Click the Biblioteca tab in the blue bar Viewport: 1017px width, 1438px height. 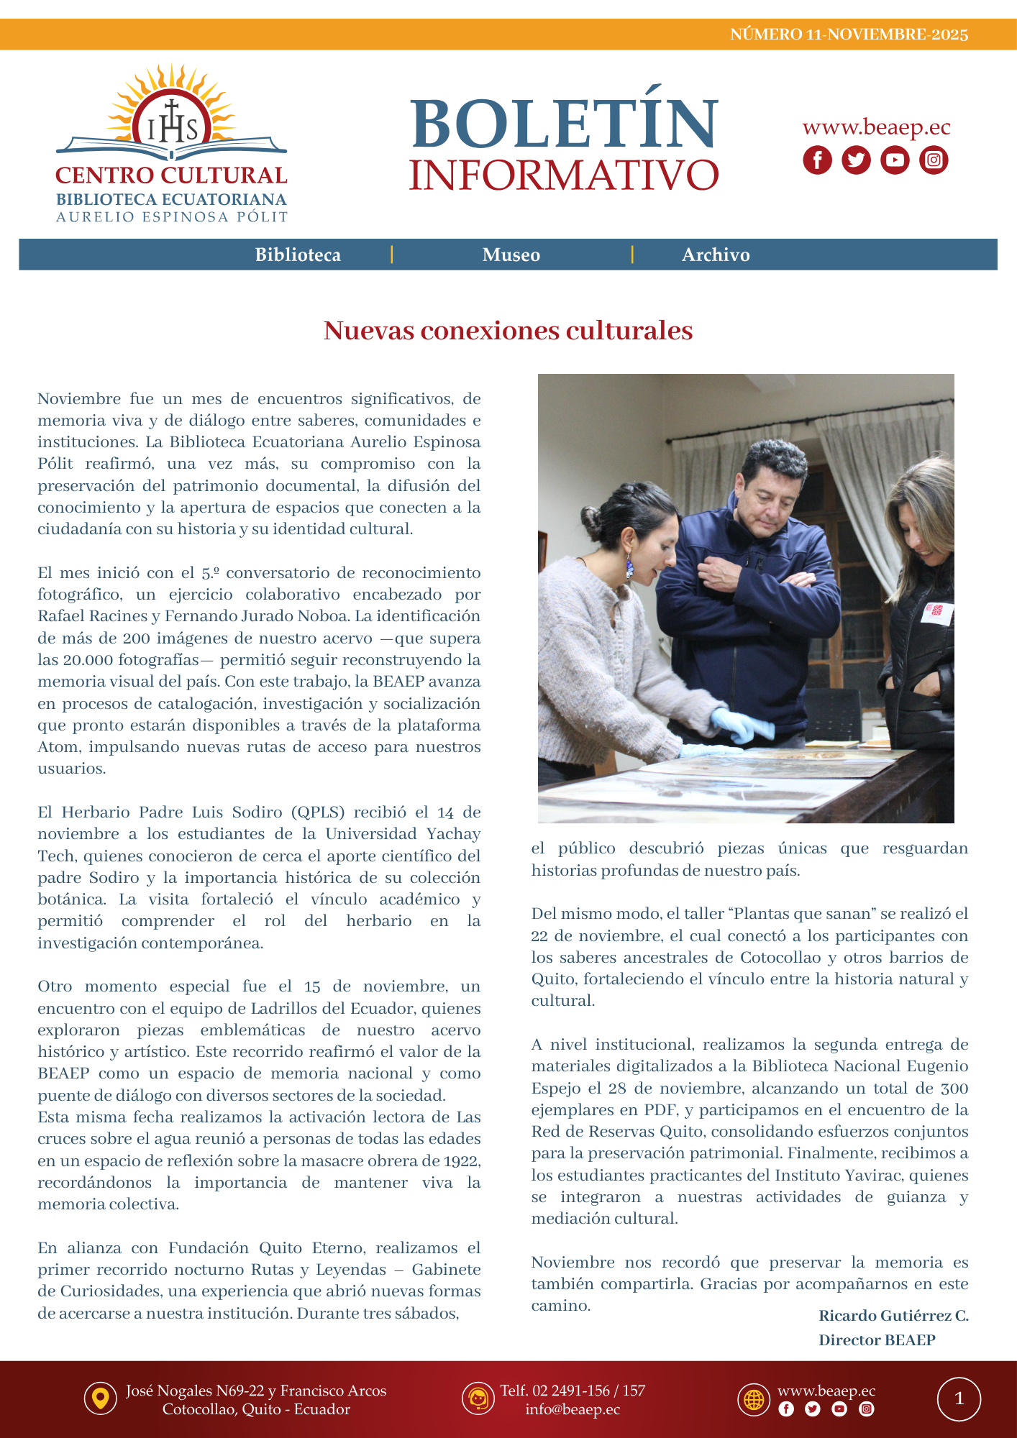point(298,255)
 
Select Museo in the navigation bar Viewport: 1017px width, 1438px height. point(511,255)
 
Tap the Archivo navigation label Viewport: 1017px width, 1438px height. point(716,255)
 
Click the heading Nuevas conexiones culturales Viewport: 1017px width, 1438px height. point(508,331)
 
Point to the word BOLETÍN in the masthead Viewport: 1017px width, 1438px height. point(564,124)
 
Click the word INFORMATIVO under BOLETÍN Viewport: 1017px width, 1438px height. point(564,175)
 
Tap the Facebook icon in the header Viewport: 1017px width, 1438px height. point(817,160)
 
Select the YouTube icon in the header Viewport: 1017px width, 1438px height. point(895,160)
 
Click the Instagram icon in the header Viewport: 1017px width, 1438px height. point(934,160)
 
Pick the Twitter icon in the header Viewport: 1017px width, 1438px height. point(856,160)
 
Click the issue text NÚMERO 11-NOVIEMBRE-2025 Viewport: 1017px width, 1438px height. point(849,35)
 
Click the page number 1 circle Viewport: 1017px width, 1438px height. point(959,1398)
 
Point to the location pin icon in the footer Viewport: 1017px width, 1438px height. point(101,1398)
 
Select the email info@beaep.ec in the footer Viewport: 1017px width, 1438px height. point(572,1409)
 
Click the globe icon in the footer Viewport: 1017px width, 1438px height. point(754,1399)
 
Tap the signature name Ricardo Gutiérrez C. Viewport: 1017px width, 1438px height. point(893,1316)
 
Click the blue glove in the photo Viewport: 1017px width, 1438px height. point(741,723)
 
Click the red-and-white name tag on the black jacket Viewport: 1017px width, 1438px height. point(938,613)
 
